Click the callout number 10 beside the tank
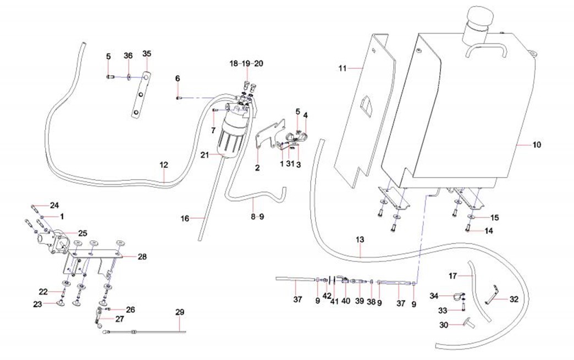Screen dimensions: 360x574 click(537, 145)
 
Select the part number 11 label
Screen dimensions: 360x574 click(343, 68)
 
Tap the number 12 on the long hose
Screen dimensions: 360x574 click(164, 164)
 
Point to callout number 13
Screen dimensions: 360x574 click(360, 240)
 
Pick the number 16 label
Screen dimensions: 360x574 click(185, 218)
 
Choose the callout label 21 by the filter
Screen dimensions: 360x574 click(205, 156)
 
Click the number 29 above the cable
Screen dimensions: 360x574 click(180, 312)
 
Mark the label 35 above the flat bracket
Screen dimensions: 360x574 click(146, 54)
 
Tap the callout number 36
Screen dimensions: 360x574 click(128, 56)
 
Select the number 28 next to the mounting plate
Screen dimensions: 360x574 click(142, 256)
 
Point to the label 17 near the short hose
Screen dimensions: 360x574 click(452, 275)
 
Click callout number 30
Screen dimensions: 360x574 click(445, 325)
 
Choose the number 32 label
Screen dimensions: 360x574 click(514, 300)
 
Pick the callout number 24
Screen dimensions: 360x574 click(54, 206)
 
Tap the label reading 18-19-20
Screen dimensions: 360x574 click(246, 64)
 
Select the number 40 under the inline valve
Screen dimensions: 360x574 click(345, 301)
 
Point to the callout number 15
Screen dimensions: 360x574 click(494, 218)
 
